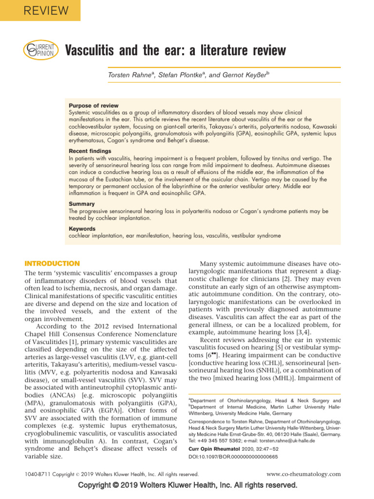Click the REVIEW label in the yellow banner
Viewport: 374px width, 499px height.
39,10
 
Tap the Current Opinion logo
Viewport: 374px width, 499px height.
40,50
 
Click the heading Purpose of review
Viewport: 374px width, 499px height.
93,106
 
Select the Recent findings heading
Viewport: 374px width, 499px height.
90,152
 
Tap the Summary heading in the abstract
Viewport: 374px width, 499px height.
82,204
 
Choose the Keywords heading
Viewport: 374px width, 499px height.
82,229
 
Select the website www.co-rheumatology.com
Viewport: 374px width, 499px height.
304,474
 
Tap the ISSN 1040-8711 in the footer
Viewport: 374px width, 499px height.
36,474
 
